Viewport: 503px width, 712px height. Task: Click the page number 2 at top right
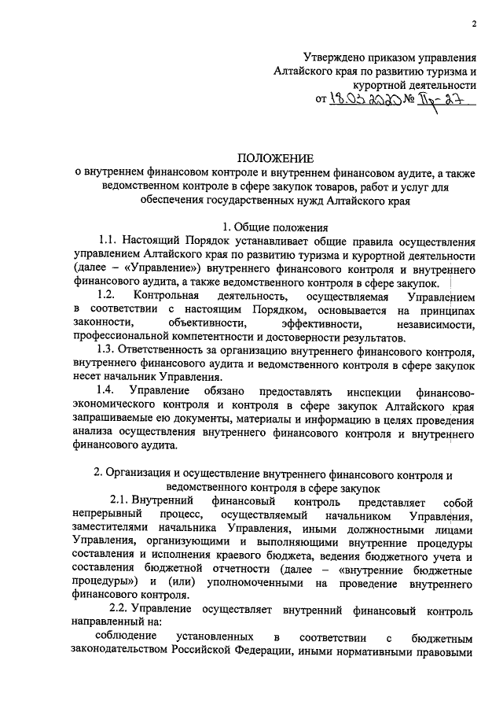475,23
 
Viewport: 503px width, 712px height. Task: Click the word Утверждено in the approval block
340,57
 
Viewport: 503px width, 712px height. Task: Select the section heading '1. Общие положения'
273,227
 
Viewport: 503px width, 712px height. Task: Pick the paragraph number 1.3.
108,349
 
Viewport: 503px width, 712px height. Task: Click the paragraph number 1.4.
106,390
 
